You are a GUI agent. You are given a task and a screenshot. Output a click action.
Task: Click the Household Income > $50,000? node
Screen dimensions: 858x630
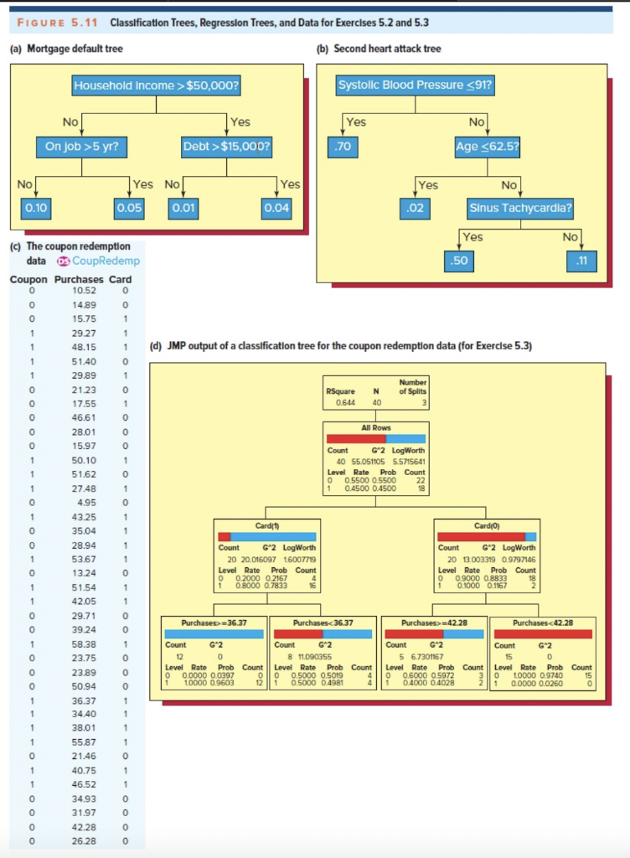click(x=157, y=85)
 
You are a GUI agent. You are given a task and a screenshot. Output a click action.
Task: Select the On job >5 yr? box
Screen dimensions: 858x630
click(x=81, y=145)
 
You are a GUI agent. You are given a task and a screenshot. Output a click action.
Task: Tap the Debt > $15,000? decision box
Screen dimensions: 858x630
click(x=226, y=145)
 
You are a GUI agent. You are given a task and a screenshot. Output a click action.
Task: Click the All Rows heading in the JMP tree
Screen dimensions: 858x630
click(x=375, y=427)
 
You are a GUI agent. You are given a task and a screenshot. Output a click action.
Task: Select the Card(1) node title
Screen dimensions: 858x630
click(x=266, y=525)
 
